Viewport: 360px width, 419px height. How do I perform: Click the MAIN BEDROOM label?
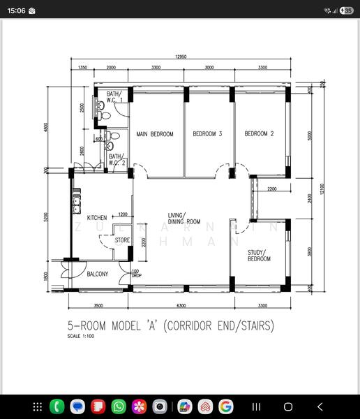155,134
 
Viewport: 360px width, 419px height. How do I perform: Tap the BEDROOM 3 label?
207,134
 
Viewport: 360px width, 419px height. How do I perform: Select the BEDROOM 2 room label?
259,134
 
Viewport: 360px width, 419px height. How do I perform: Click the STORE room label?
122,240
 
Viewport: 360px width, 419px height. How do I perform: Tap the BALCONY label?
98,274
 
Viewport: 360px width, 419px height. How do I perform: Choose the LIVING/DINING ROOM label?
184,219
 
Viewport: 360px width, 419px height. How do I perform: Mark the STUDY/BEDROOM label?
259,256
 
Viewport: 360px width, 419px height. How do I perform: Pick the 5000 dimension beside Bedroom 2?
310,135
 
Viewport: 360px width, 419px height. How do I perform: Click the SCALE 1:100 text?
80,336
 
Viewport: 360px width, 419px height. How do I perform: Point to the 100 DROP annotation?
135,273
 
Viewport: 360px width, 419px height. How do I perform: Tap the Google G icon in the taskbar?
225,406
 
